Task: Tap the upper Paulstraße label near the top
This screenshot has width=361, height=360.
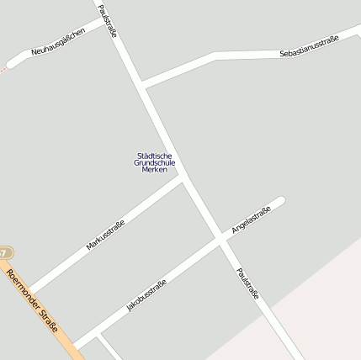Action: pyautogui.click(x=107, y=20)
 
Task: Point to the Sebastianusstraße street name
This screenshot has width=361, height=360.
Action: pyautogui.click(x=308, y=47)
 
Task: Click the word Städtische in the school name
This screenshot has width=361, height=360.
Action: pyautogui.click(x=155, y=155)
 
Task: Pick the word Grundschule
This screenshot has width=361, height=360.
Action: pyautogui.click(x=155, y=162)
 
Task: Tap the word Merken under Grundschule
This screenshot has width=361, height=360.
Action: pyautogui.click(x=155, y=170)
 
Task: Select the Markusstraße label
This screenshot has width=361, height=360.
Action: pyautogui.click(x=105, y=235)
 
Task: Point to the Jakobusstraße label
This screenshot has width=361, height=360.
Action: pyautogui.click(x=146, y=296)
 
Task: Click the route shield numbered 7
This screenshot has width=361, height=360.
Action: pyautogui.click(x=5, y=252)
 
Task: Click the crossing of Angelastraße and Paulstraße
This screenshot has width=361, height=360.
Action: pyautogui.click(x=220, y=239)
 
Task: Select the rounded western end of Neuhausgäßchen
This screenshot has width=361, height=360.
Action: pyautogui.click(x=10, y=63)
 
